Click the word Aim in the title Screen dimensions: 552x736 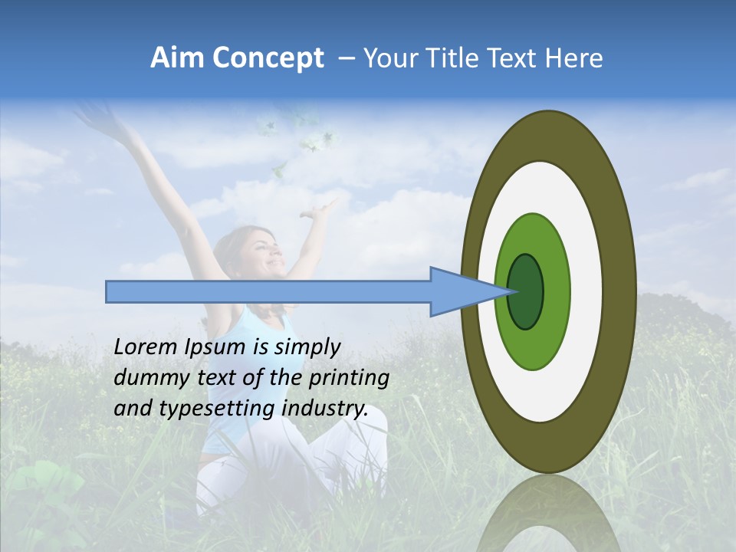point(178,58)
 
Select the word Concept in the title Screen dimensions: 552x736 point(267,58)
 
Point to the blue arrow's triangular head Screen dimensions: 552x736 point(460,291)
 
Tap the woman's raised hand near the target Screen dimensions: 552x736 point(328,207)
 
